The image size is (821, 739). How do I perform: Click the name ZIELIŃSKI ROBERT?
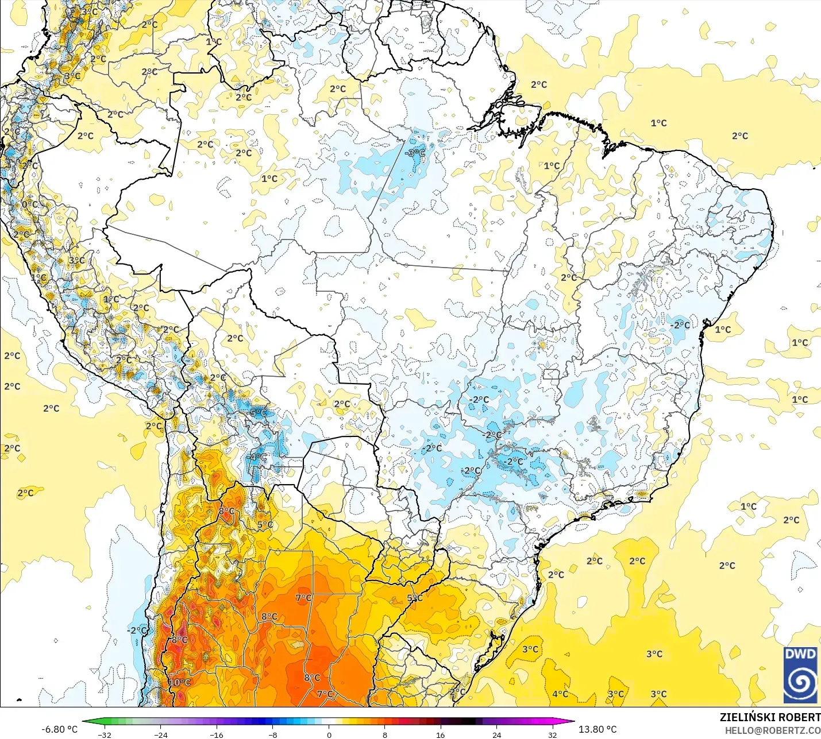[x=770, y=717]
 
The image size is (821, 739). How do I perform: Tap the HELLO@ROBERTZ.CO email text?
[x=772, y=730]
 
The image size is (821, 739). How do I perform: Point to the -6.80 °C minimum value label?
[x=59, y=729]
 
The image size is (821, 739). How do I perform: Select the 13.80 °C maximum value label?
[x=598, y=729]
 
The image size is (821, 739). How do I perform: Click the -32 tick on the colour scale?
[x=105, y=734]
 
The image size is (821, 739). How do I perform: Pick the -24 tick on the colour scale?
[x=161, y=734]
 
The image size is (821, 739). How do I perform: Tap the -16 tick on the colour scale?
[x=217, y=734]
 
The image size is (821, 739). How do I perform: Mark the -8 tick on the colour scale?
[x=273, y=734]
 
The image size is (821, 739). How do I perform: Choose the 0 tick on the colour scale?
[x=329, y=734]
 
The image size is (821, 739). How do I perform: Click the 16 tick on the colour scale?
[x=441, y=734]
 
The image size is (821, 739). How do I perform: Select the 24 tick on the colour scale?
[x=496, y=734]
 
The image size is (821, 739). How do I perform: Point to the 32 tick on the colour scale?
[x=553, y=734]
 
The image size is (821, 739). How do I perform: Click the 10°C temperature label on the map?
[x=180, y=682]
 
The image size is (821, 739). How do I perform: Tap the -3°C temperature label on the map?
[x=415, y=153]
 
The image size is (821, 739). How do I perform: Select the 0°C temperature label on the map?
[x=30, y=204]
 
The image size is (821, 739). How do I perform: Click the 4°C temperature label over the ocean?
[x=560, y=694]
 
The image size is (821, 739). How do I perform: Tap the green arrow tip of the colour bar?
[x=84, y=722]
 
